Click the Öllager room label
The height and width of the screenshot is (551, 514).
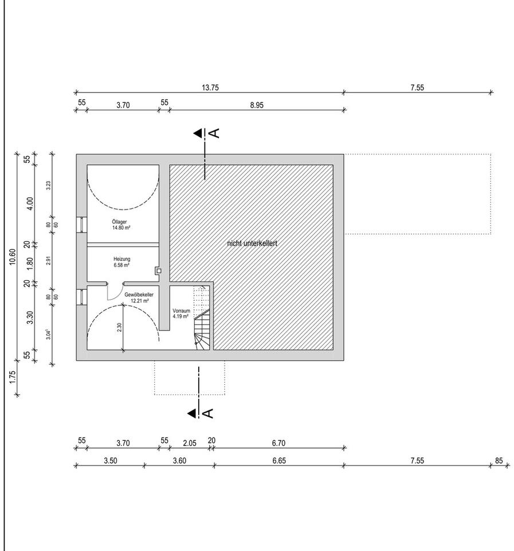pos(119,222)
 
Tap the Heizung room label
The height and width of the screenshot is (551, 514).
pos(121,259)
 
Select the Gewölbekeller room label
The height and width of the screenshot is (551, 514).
pos(139,295)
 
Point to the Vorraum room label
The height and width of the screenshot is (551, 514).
pos(182,311)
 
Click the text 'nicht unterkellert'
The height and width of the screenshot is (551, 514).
pos(252,243)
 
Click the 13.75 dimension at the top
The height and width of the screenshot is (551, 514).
pos(210,87)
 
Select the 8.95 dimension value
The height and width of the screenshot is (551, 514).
pos(257,105)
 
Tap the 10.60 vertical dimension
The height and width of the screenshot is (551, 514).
pos(13,257)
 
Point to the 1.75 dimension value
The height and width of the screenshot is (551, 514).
pos(13,377)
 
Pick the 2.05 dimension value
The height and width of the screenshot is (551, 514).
pos(190,443)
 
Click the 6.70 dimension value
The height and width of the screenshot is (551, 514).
pos(278,443)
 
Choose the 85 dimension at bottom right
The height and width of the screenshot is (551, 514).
pos(499,460)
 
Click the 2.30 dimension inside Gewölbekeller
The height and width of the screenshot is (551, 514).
pos(120,328)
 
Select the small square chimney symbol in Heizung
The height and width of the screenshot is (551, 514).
pos(159,271)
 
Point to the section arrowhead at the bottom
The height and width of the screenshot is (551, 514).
pos(192,413)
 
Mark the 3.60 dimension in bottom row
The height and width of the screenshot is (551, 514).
pos(179,460)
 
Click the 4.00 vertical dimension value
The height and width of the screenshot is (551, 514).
pos(30,203)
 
